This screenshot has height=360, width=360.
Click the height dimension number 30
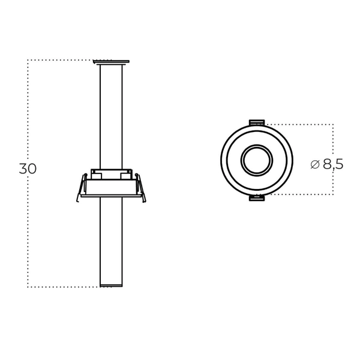click(x=28, y=169)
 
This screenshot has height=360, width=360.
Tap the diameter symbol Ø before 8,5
click(x=315, y=164)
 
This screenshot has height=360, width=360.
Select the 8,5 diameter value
click(x=333, y=164)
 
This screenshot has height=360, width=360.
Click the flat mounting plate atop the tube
click(x=112, y=61)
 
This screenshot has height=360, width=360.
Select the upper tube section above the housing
click(x=112, y=114)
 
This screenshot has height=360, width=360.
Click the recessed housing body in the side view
click(x=112, y=180)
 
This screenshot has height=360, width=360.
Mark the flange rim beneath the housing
click(x=112, y=196)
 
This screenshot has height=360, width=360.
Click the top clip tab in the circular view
click(x=257, y=122)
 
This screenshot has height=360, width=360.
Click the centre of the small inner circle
click(x=257, y=160)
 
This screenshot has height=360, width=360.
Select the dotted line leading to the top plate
click(x=60, y=60)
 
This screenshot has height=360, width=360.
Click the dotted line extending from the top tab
click(x=300, y=124)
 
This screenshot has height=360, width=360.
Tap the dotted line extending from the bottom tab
click(x=300, y=196)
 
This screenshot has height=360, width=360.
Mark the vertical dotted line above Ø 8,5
click(x=333, y=141)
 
